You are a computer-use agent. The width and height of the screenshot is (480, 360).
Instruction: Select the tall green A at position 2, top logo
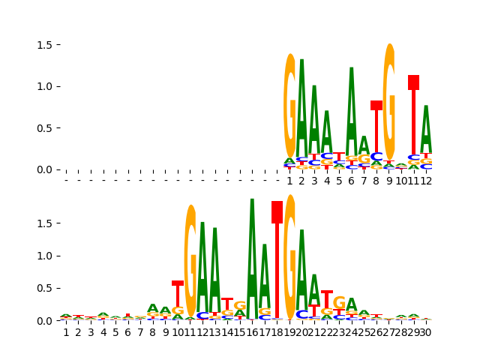(301, 109)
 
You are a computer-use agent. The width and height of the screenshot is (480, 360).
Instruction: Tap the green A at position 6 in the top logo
(351, 112)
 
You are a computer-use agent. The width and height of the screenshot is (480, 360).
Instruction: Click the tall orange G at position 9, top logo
(388, 101)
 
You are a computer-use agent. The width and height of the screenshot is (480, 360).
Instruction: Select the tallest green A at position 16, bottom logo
(252, 255)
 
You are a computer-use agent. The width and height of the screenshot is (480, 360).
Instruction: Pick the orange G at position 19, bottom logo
(289, 255)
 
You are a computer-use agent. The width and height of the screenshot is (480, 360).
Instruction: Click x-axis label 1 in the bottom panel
(66, 332)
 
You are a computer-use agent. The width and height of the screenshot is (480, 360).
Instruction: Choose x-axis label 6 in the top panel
(351, 181)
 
